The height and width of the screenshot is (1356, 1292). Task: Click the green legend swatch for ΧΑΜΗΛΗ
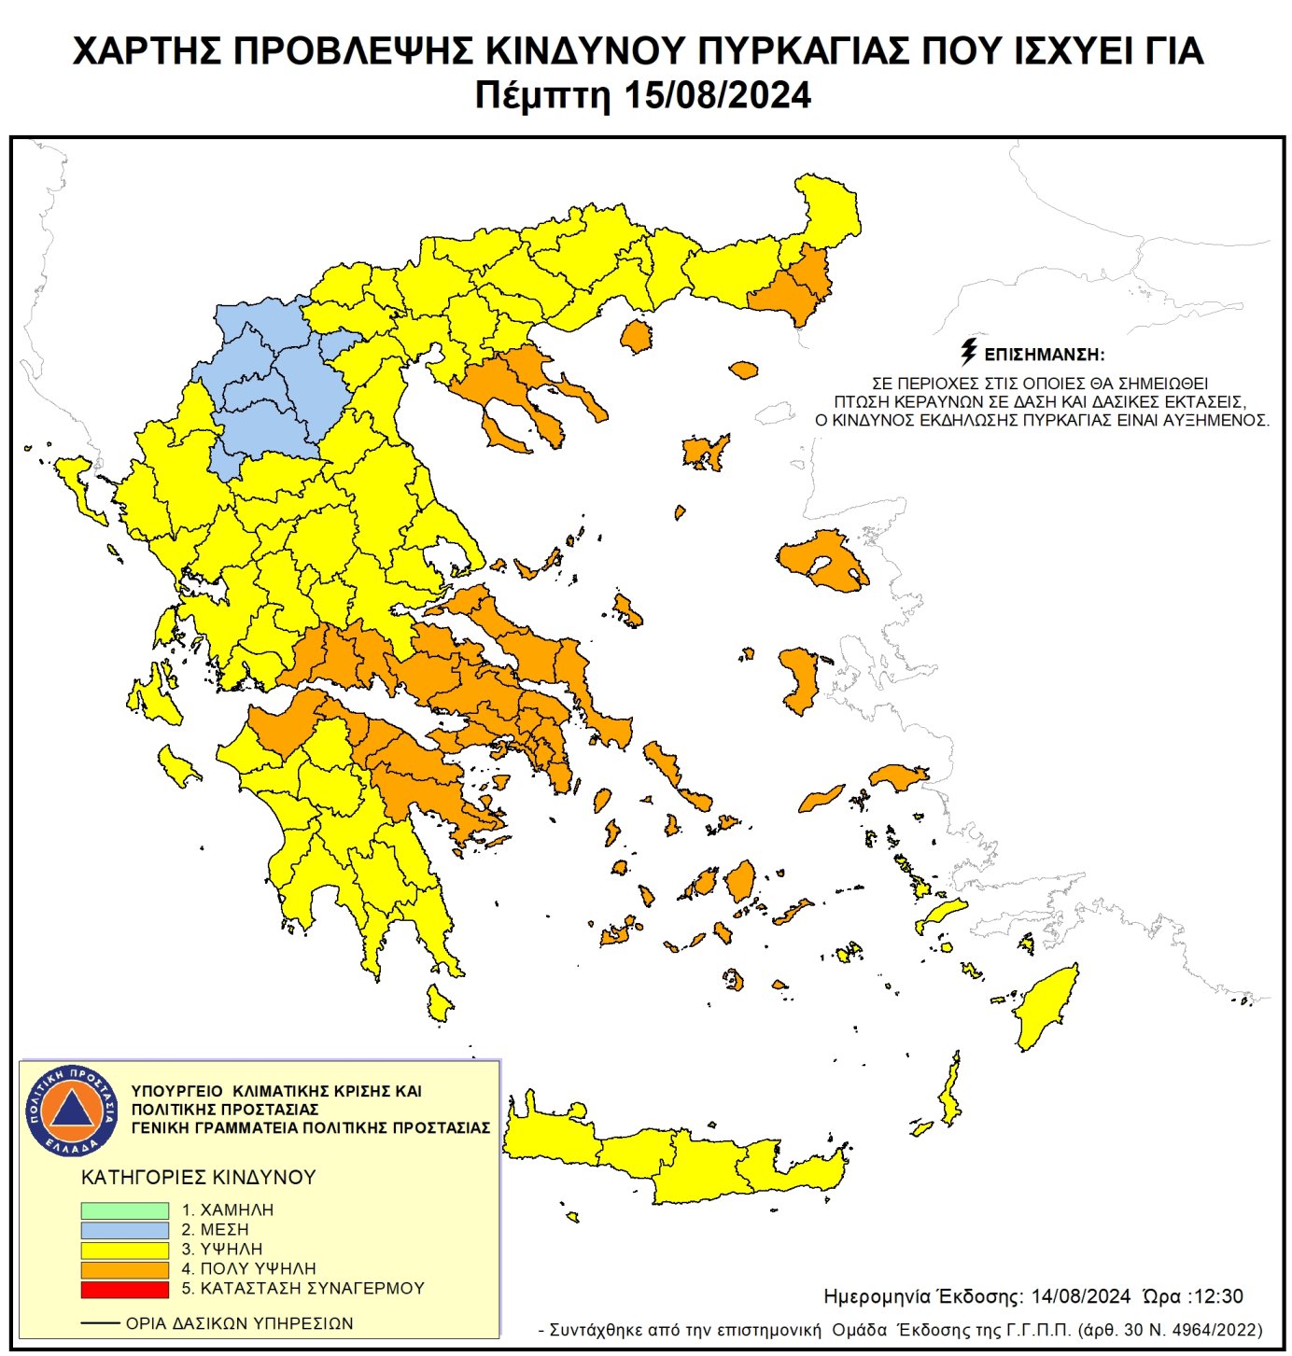coord(124,1210)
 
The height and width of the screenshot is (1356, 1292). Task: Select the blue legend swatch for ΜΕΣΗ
coord(124,1230)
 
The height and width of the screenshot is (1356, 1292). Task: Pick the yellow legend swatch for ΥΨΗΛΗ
coord(124,1250)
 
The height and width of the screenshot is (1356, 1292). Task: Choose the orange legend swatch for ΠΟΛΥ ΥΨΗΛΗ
coord(124,1269)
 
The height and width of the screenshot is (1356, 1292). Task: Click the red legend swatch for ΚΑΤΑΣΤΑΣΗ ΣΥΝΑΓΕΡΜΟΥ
coord(124,1290)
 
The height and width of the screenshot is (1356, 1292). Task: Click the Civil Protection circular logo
coord(72,1110)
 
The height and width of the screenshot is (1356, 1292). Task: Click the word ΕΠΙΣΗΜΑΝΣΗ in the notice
coord(1045,356)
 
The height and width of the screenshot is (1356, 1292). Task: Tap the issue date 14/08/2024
coord(1080,1296)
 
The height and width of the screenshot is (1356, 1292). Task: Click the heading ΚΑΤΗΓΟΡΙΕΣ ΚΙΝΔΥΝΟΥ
coord(199,1178)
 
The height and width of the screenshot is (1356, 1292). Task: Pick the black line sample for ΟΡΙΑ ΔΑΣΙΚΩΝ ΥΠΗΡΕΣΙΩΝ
coord(100,1323)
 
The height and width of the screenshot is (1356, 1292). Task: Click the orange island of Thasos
coord(636,336)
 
